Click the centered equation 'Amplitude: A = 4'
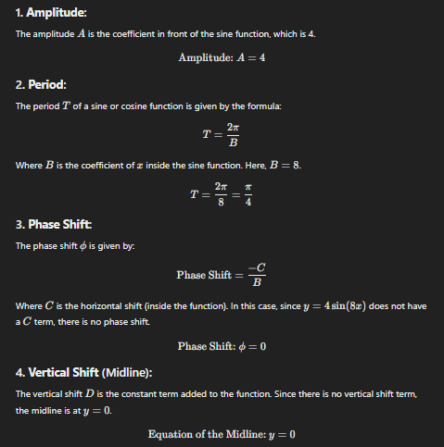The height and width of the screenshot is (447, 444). tap(222, 57)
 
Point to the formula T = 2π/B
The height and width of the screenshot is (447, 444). tap(222, 136)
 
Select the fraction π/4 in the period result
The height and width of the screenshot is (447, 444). tap(247, 195)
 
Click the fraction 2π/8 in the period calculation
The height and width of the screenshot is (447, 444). tap(221, 195)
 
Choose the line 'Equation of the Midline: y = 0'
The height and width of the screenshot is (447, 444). tap(222, 434)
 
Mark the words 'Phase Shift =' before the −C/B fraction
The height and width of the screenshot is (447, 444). tap(208, 275)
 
